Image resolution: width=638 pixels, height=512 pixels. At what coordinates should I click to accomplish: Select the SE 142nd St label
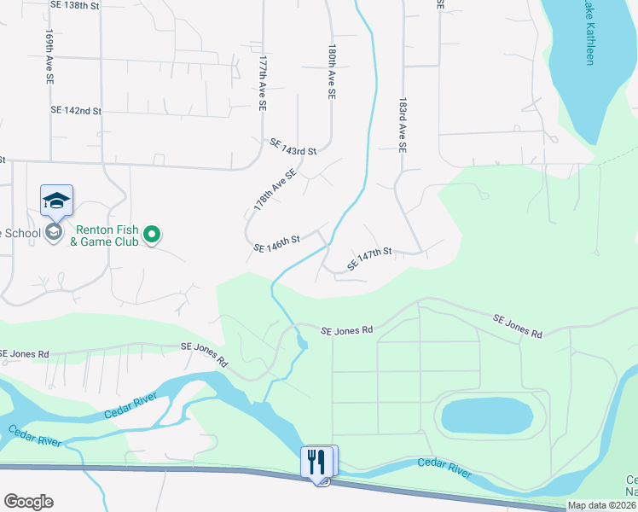point(76,111)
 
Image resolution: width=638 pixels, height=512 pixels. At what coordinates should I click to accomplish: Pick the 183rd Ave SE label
point(403,124)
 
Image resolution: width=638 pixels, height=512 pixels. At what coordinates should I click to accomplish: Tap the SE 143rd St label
point(293,147)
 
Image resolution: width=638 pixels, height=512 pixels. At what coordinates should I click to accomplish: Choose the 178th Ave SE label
point(275,189)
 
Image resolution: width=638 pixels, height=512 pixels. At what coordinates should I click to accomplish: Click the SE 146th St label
point(277,245)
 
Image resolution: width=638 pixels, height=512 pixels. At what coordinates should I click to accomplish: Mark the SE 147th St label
point(369,259)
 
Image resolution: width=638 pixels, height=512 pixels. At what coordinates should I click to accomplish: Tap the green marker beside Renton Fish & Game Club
point(152,233)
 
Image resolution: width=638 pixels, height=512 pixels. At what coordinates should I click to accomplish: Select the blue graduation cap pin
point(56,201)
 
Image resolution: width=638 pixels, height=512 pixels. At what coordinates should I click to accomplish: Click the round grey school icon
point(54,232)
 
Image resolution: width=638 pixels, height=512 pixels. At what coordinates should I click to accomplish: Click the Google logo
point(28,502)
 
